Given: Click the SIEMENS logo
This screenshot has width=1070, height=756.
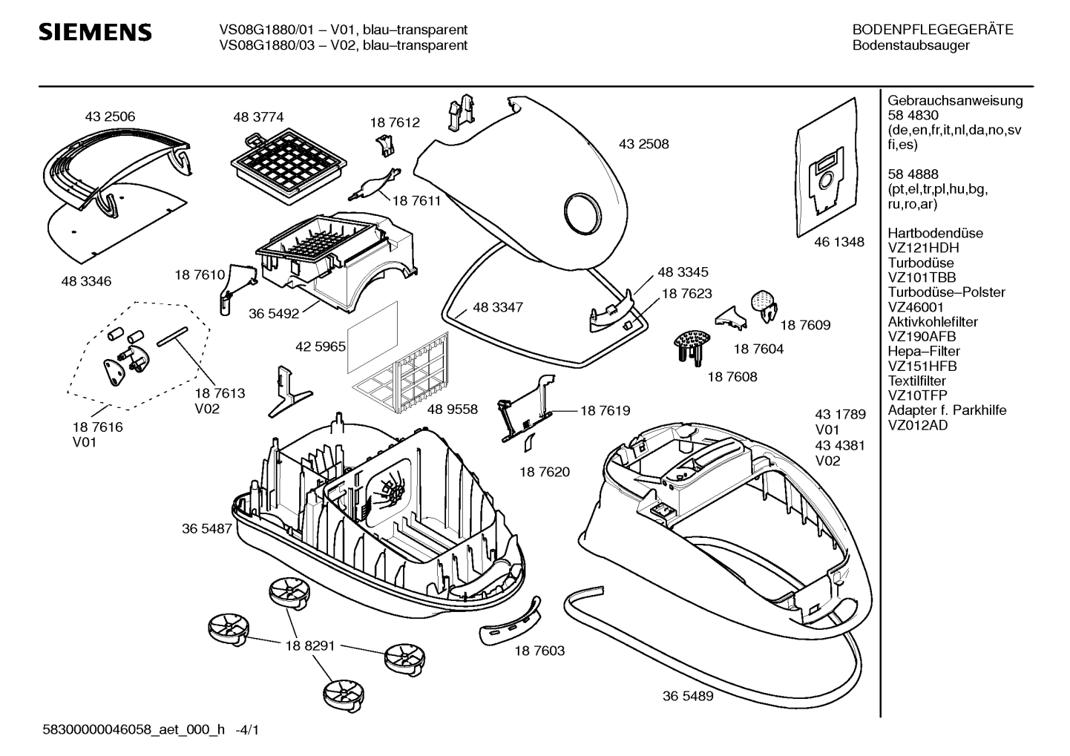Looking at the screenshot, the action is pos(95,32).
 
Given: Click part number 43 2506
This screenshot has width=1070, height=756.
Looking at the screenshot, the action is pos(110,116).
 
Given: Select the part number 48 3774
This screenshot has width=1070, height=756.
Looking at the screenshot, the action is pos(258,117).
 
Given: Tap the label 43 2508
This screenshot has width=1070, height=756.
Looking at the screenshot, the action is pos(643,144).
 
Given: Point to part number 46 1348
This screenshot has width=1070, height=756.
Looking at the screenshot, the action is pos(838,242).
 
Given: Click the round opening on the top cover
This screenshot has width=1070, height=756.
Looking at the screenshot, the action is pos(582,213).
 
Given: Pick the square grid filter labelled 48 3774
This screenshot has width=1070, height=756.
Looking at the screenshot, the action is pos(289,166).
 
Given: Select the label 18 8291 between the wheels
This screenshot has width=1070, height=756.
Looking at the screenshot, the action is pos(310,645).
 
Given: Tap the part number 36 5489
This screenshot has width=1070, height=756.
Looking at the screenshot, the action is pos(688,696).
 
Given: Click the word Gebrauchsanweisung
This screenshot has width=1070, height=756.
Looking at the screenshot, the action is pos(955,100).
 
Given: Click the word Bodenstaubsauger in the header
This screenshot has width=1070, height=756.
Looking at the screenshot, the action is pos(911,45).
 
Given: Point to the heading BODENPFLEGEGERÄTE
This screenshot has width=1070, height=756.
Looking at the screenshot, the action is pos(933,30).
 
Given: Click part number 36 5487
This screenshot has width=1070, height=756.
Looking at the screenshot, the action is pos(207,528).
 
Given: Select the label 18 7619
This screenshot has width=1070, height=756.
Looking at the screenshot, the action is pos(605,410).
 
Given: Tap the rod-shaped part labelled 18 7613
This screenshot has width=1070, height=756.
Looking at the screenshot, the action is pos(172,337).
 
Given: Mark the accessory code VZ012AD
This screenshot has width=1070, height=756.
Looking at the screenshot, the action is pos(918,425).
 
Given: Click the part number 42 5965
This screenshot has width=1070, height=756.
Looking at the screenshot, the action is pos(320,346).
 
